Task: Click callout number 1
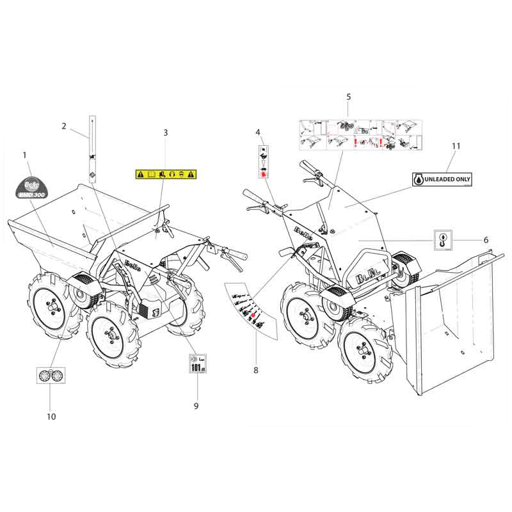[x=24, y=156]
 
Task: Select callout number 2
[x=64, y=126]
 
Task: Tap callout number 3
[x=166, y=132]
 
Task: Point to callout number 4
[x=259, y=132]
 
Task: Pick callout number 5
[x=349, y=97]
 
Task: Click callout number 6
[x=486, y=239]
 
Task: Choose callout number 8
[x=256, y=370]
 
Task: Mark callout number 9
[x=196, y=406]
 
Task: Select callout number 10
[x=51, y=417]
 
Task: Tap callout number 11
[x=455, y=146]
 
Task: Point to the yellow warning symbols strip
[x=166, y=173]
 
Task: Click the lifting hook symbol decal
[x=443, y=239]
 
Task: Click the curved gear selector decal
[x=248, y=310]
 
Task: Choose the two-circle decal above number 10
[x=51, y=376]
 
